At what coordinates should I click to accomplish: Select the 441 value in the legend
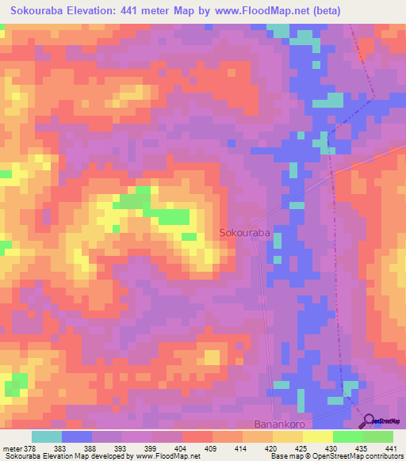[x=390, y=448]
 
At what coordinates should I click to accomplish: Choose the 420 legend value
[x=271, y=448]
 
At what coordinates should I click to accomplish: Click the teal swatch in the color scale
[x=47, y=437]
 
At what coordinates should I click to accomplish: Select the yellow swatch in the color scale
[x=317, y=437]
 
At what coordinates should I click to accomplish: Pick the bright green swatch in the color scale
[x=347, y=437]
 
